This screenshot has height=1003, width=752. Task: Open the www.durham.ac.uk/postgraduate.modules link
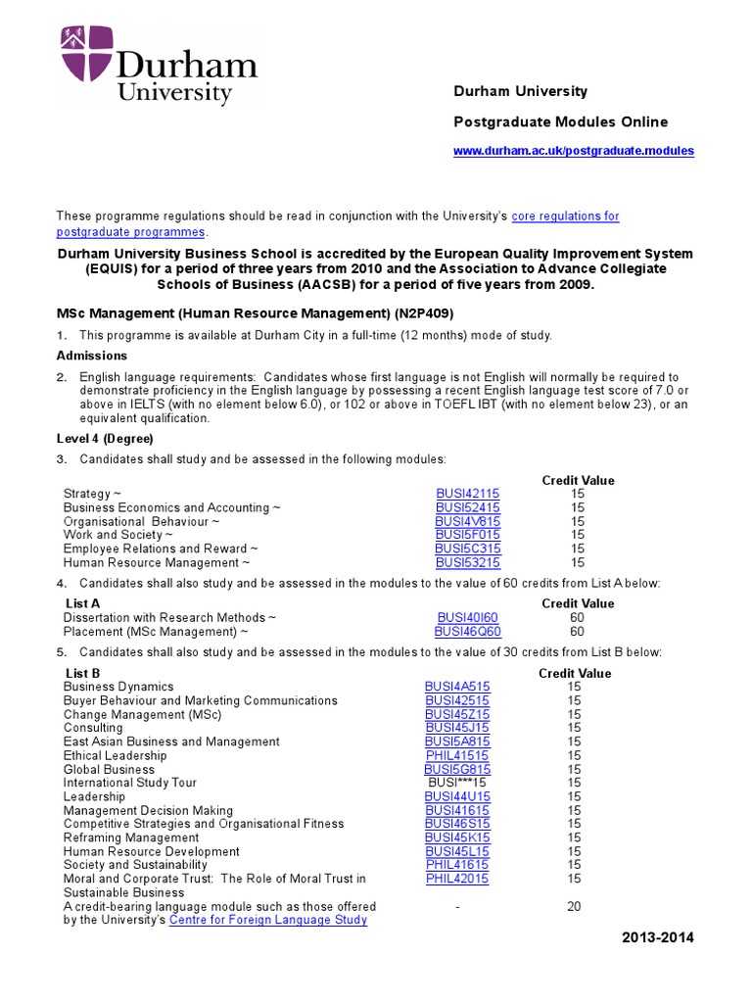coord(573,151)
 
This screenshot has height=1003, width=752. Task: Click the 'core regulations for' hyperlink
coord(566,215)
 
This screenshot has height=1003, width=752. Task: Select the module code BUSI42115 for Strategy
coord(467,494)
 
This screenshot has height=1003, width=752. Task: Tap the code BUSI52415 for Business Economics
coord(467,507)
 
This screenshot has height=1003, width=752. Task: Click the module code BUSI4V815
coord(467,521)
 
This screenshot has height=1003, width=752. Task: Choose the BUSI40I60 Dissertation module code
coord(467,617)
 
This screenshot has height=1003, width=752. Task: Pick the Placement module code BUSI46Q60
coord(467,631)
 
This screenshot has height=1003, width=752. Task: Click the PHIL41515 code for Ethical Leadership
coord(457,755)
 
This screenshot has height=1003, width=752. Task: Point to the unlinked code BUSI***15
coord(457,783)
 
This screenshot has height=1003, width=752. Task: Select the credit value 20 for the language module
coord(574,906)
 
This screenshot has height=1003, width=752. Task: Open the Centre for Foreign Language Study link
coord(268,920)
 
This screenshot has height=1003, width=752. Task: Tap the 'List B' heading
coord(82,673)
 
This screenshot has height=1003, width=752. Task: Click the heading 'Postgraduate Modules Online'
coord(560,121)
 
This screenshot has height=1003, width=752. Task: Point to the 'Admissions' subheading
coord(92,356)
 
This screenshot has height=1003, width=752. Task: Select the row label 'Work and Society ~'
coord(117,535)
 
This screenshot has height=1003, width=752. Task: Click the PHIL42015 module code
coord(457,879)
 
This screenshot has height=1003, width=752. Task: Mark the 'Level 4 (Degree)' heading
coord(105,438)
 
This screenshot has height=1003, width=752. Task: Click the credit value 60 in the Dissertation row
coord(577,617)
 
